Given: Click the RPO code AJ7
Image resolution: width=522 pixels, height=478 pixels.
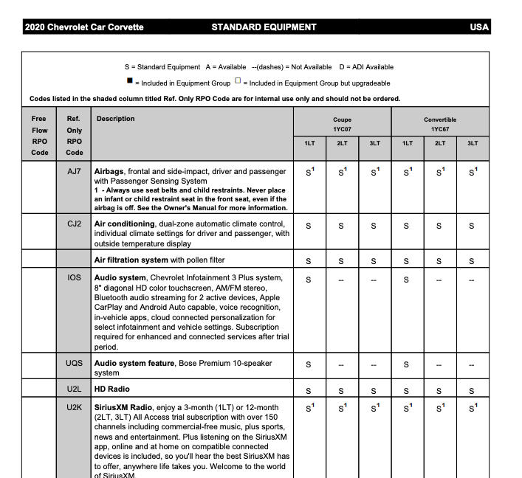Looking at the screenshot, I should [x=74, y=171].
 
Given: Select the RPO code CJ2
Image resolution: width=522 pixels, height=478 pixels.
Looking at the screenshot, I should [x=74, y=224].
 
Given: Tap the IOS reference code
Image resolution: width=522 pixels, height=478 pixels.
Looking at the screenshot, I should [x=74, y=278].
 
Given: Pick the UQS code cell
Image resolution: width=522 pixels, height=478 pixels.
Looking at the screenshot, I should [x=74, y=363].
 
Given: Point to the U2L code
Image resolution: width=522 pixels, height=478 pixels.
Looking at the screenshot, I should [x=74, y=389].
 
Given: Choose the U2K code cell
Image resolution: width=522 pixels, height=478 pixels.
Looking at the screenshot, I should [x=74, y=407].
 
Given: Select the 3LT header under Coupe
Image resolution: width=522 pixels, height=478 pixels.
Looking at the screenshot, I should [x=374, y=143].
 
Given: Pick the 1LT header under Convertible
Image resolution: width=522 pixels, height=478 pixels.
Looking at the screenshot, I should [x=408, y=143].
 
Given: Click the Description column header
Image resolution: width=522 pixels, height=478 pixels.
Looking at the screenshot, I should [x=116, y=119].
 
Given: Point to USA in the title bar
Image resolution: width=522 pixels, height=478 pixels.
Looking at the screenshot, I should [x=479, y=27].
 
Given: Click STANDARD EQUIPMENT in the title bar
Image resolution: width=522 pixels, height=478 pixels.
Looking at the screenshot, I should [x=264, y=27].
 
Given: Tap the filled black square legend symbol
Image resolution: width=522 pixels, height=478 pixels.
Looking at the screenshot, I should [x=129, y=83].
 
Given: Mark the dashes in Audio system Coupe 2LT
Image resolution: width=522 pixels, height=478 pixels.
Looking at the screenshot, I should [x=341, y=280].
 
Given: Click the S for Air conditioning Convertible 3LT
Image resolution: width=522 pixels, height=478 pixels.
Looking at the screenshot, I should [x=472, y=226].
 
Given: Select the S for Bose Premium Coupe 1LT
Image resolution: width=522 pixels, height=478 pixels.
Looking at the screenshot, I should [x=309, y=364].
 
